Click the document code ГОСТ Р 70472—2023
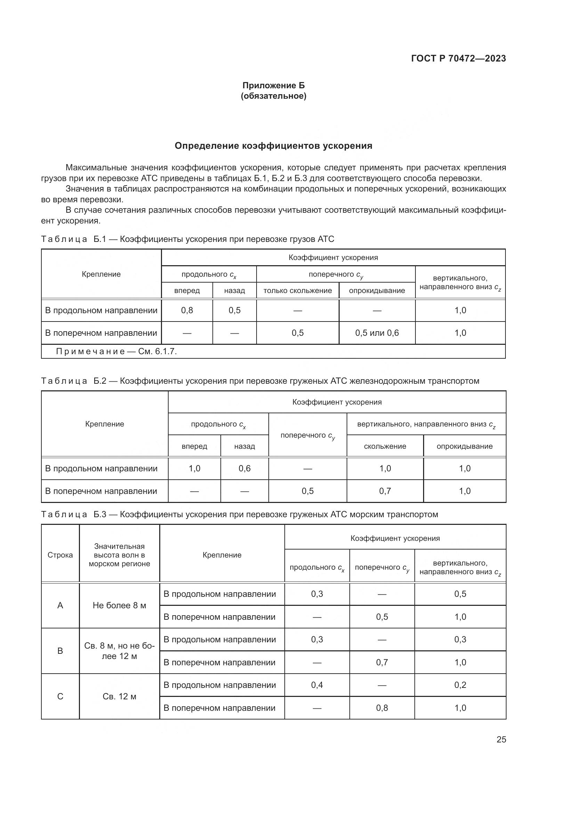[x=458, y=58]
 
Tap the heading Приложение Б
[x=273, y=86]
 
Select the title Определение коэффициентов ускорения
[x=273, y=146]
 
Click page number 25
[x=501, y=739]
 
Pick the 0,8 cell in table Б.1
[x=187, y=310]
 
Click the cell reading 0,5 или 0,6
[x=377, y=333]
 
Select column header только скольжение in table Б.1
[x=298, y=291]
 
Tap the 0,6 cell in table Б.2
[x=244, y=469]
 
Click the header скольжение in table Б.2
[x=385, y=446]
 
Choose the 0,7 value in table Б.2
[x=385, y=491]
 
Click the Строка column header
[x=60, y=555]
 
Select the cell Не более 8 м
[x=119, y=605]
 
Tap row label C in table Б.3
[x=60, y=697]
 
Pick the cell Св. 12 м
[x=119, y=697]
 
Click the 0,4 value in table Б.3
[x=317, y=685]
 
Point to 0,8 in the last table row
[x=382, y=708]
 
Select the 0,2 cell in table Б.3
[x=460, y=685]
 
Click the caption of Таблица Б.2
[x=260, y=381]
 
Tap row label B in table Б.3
[x=60, y=651]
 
